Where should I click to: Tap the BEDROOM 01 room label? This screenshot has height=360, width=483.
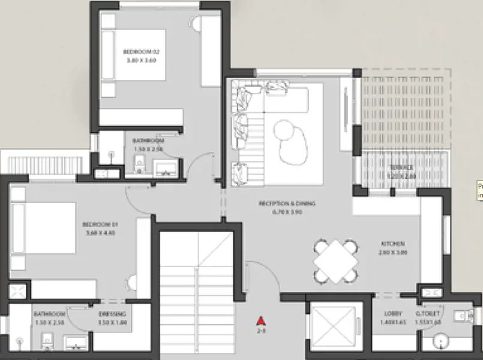[x=100, y=224]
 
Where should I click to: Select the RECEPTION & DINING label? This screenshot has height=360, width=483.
[x=287, y=203]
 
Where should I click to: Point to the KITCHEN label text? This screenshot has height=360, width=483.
[x=393, y=244]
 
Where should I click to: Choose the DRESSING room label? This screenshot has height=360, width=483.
[x=112, y=314]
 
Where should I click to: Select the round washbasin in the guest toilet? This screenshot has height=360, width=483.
[x=442, y=344]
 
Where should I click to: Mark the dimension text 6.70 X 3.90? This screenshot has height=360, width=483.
[x=287, y=212]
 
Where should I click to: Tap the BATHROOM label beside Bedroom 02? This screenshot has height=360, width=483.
[x=148, y=141]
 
